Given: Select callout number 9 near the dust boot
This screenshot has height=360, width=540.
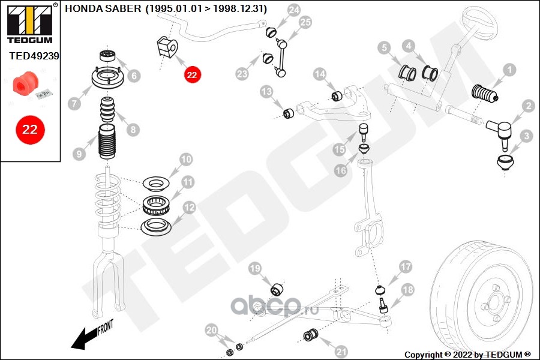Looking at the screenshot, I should (79, 154).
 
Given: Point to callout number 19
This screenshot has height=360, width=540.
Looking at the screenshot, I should (255, 268).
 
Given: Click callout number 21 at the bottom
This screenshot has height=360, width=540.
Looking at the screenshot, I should (341, 350).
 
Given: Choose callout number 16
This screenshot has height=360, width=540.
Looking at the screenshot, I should (341, 170).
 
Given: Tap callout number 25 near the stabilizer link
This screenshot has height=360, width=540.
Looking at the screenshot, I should (305, 23).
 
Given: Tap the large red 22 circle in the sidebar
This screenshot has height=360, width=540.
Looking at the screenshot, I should (30, 129).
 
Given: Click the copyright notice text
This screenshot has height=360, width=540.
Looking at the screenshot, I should (468, 354).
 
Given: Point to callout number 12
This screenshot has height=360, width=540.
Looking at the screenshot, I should (188, 208).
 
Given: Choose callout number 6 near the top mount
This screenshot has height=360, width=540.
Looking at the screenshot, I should (134, 76).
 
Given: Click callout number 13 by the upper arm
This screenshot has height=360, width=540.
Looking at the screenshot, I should (266, 92).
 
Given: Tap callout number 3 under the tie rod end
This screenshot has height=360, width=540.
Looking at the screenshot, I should (527, 136).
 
